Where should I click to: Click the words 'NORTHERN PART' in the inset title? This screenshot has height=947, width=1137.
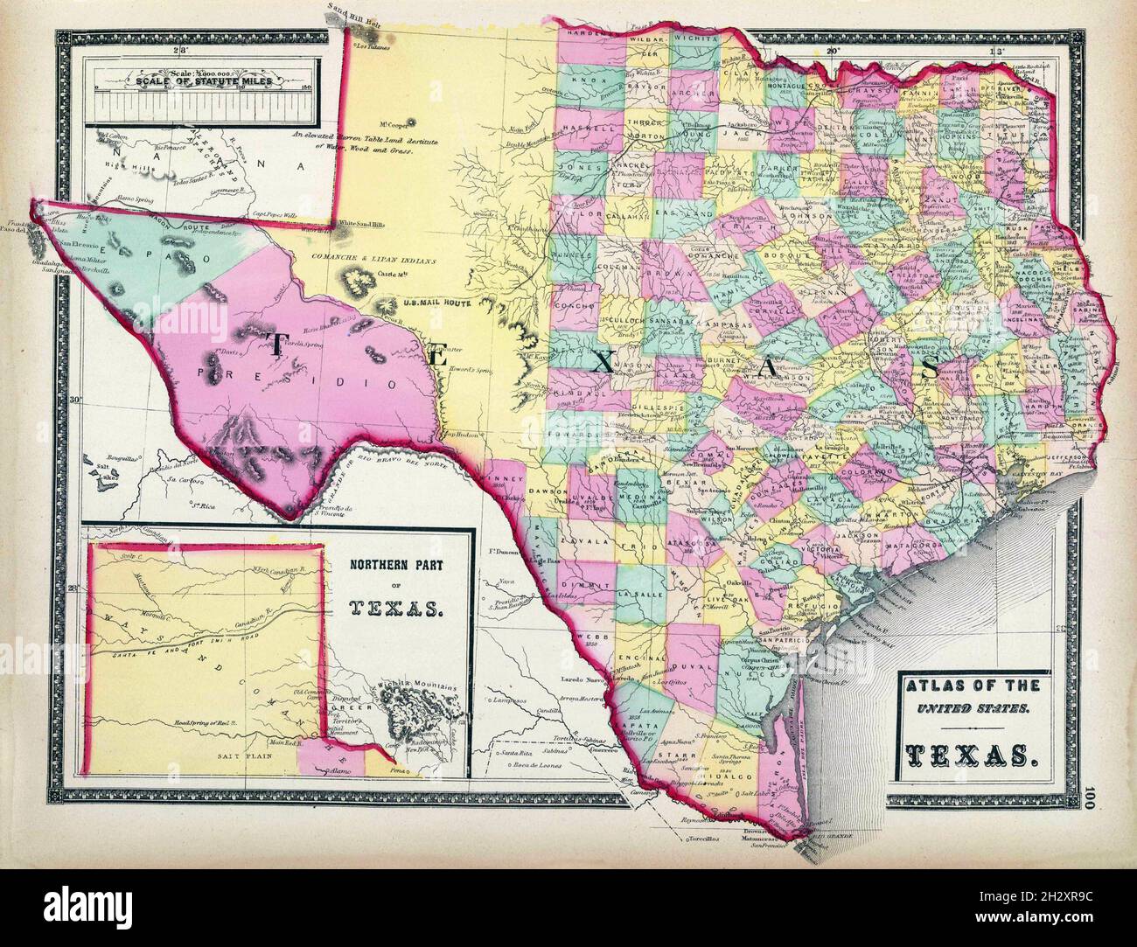(397, 565)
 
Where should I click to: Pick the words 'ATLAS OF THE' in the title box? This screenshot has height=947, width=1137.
(966, 686)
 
